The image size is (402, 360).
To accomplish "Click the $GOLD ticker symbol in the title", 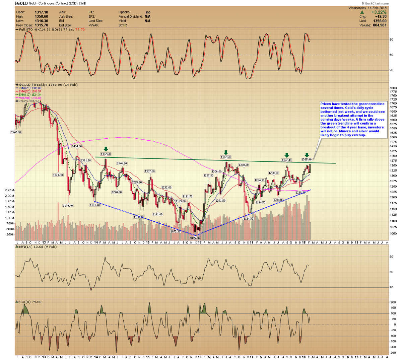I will pos(21,3).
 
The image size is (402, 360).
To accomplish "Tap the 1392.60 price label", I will pos(106,154).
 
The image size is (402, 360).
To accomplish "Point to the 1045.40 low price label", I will pos(195,238).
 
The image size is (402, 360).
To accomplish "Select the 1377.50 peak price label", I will pos(226,157).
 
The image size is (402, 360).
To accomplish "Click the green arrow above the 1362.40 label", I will pos(286,155).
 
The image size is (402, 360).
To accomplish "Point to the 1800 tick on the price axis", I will pos(393,88).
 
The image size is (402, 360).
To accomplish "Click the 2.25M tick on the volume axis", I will pos(9,190).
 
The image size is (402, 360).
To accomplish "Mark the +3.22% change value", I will pos(379,12).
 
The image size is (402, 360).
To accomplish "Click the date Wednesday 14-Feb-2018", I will pos(367,8).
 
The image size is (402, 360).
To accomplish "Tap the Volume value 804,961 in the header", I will pos(379,25).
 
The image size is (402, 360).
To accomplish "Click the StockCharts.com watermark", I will pos(375,3).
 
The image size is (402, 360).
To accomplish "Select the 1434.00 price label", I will pos(77,146).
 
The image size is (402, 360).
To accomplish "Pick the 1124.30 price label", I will pos(248,219).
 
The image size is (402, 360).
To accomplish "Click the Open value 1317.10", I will pos(42,12).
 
